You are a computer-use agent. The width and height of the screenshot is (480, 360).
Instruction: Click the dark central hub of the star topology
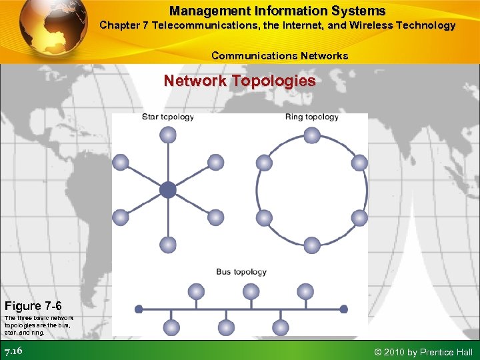(x=168, y=190)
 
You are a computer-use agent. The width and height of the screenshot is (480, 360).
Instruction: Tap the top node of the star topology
(x=168, y=135)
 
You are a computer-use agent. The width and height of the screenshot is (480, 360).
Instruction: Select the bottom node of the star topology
(x=168, y=245)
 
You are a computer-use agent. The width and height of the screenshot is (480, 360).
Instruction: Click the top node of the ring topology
(x=312, y=135)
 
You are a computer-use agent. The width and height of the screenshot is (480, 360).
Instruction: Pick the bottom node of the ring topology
(x=312, y=245)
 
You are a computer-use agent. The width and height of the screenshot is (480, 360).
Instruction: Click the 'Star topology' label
(x=168, y=117)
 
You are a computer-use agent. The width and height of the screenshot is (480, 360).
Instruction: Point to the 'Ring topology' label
(x=312, y=117)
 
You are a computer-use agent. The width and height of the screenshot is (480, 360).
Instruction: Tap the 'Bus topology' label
(x=241, y=271)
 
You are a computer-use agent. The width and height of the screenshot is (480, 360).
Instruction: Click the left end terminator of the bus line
(x=139, y=309)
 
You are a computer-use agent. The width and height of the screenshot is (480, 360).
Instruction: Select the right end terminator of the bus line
(x=343, y=309)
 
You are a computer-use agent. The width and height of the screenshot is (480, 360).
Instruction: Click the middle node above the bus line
(x=251, y=291)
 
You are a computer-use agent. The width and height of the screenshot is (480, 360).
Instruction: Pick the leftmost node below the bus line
(x=172, y=327)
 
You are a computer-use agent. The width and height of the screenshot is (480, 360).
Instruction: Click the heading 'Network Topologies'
(x=240, y=81)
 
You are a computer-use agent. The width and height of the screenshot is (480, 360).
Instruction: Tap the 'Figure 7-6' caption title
(x=33, y=306)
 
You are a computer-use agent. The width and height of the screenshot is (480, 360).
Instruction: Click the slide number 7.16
(x=14, y=351)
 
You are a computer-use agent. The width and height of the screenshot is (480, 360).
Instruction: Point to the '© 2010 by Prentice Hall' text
(x=424, y=352)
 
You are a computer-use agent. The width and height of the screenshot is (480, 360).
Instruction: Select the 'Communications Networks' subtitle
(x=279, y=56)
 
